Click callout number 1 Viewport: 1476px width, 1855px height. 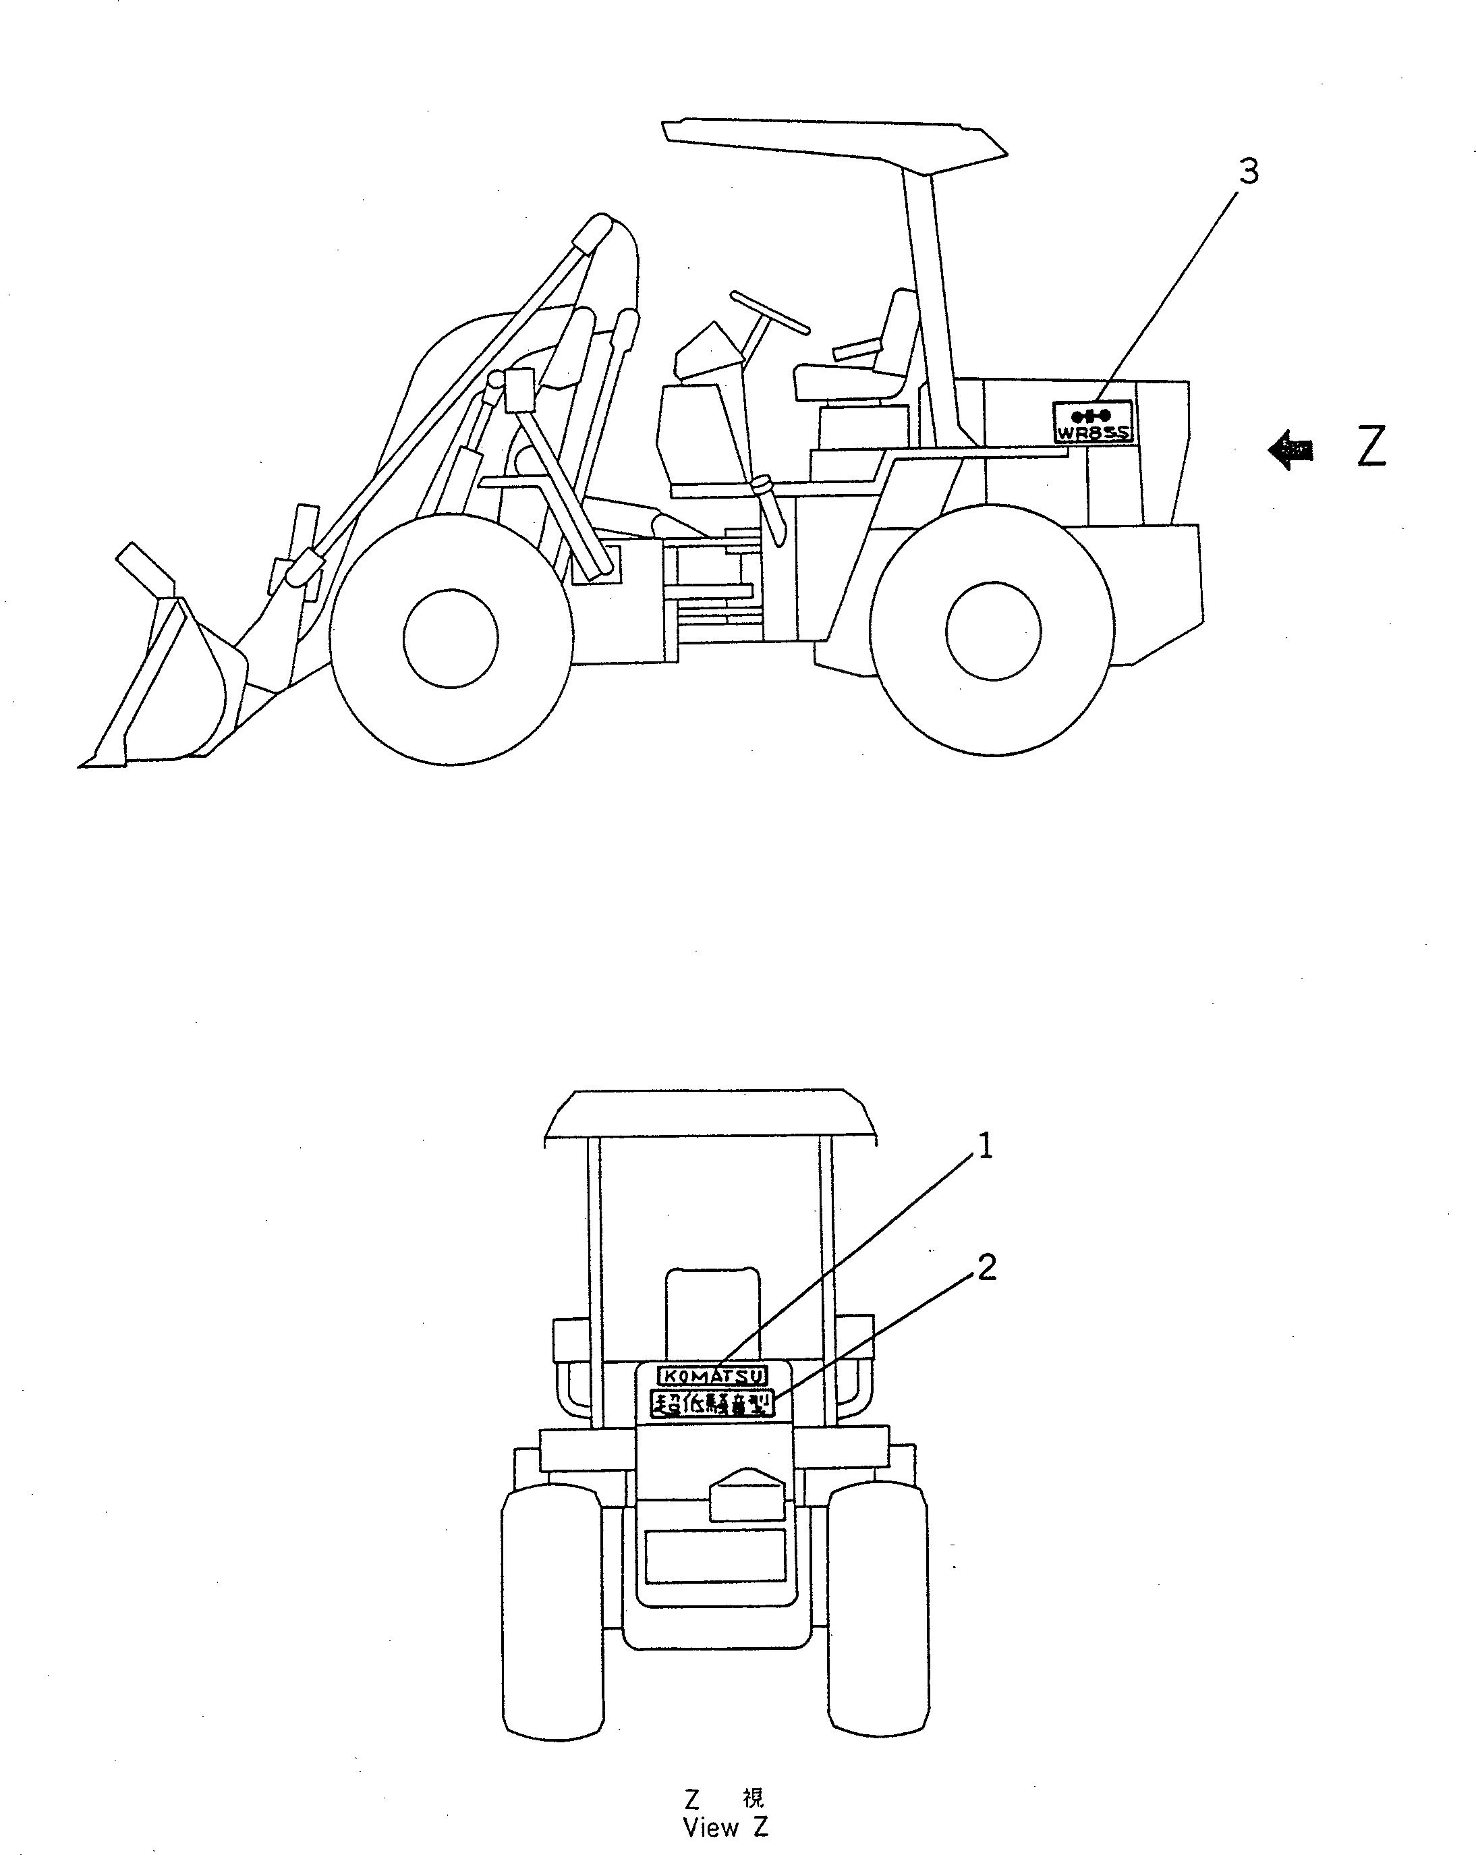(x=986, y=1146)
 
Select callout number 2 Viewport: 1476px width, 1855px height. (x=986, y=1267)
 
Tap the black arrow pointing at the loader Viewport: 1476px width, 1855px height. (x=1290, y=449)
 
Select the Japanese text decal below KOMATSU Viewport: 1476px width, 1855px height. (x=712, y=1404)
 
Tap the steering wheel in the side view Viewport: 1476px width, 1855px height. (x=770, y=312)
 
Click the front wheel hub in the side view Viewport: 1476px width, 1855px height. (x=450, y=638)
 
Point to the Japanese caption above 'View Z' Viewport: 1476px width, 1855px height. (x=725, y=1798)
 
